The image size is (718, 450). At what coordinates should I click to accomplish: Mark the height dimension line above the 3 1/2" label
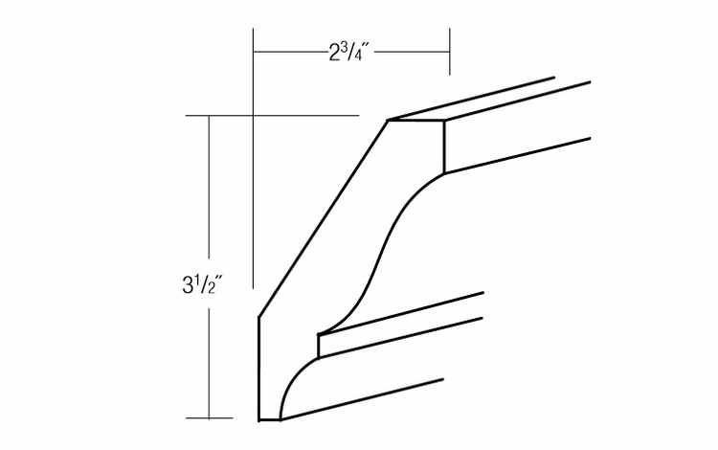tap(210, 191)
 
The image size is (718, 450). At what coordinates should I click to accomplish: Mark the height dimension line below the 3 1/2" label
tap(210, 364)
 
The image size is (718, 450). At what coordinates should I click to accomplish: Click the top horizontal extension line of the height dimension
tap(287, 115)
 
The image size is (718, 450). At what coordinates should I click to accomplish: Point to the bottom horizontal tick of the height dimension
tap(210, 418)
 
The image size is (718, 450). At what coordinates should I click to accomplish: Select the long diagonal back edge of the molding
tap(321, 220)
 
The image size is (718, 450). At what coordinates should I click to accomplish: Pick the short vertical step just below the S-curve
tap(319, 344)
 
